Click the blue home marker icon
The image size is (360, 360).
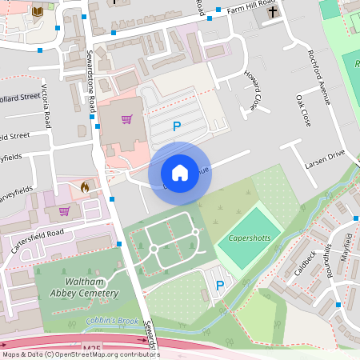coord(180,172)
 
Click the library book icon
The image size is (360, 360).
coord(37,11)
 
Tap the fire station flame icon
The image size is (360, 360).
coord(85,186)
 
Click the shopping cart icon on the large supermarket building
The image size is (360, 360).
coord(126,120)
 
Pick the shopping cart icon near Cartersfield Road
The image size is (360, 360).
coord(65,211)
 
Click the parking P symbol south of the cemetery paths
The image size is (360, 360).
coord(219,286)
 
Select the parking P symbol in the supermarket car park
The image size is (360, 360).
coord(177,126)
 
